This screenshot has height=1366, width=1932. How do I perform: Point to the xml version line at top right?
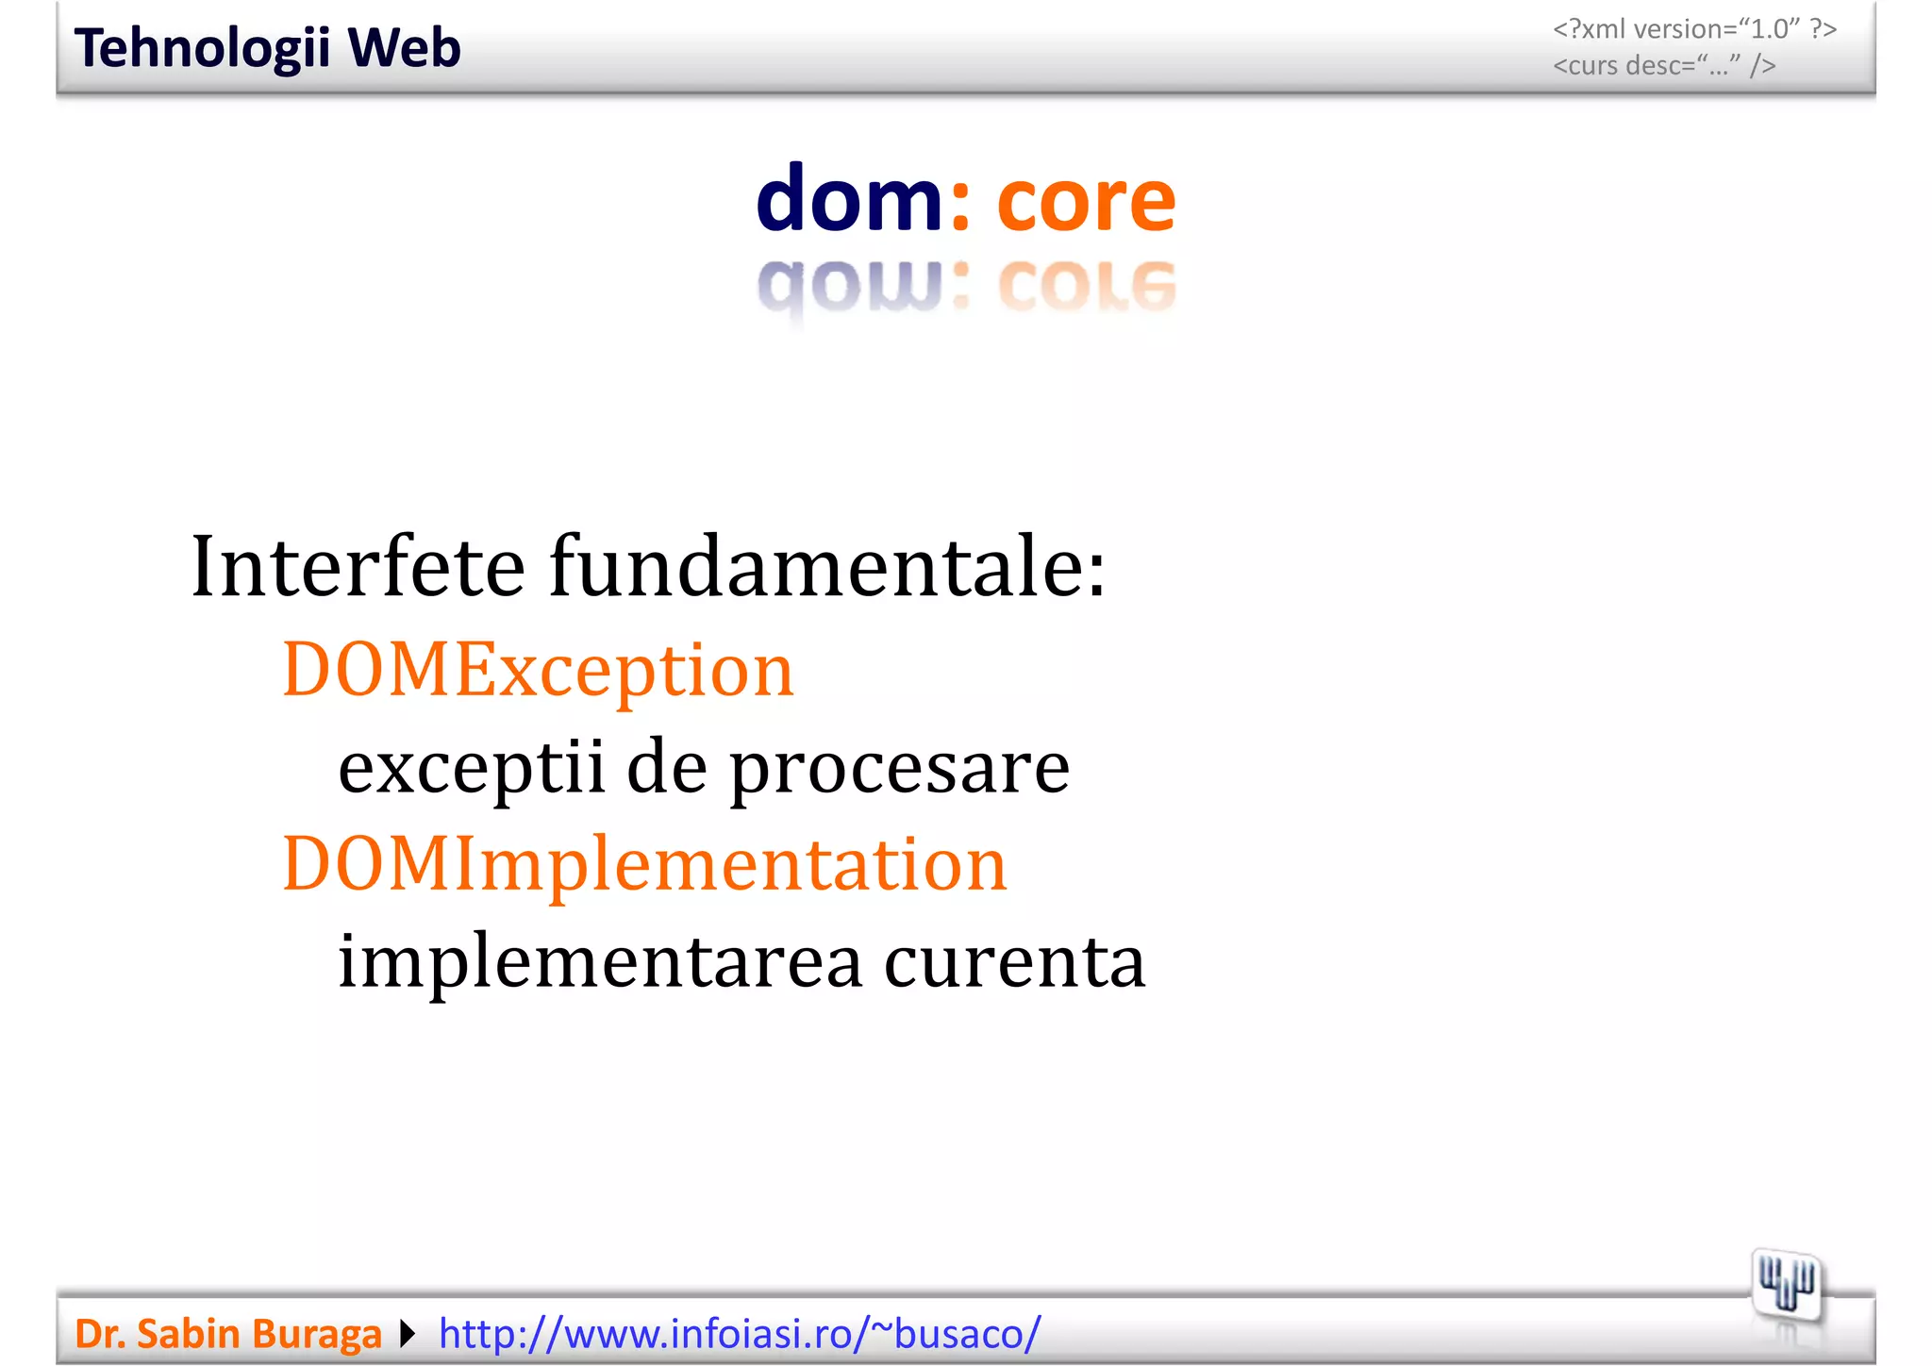coord(1694,29)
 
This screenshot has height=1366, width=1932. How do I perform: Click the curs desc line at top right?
coord(1664,66)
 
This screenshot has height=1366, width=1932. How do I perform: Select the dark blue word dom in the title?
coord(849,200)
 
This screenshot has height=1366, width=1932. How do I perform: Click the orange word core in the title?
coord(1086,202)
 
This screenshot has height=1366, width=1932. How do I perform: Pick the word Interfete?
coord(358,567)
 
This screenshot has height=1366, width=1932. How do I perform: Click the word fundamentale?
coord(827,567)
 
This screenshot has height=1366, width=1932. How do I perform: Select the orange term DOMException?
coord(538,671)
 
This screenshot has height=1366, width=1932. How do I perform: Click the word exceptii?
coord(471,767)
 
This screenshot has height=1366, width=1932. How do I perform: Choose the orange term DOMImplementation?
coord(644,865)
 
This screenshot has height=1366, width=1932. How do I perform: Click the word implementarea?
coord(600,963)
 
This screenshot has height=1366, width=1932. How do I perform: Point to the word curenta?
coord(1014,963)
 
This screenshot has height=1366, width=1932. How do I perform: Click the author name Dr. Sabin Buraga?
coord(227,1334)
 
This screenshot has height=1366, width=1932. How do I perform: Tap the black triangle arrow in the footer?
coord(408,1334)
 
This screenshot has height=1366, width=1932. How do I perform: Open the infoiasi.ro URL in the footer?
coord(740,1334)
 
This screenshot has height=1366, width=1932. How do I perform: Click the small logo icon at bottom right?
coord(1786,1286)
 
